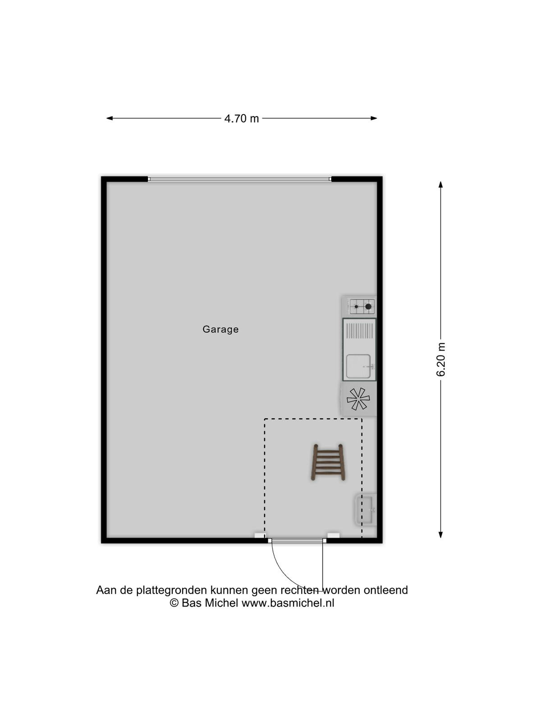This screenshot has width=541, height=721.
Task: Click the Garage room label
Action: click(x=220, y=329)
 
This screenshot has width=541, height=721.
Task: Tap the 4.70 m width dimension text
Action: click(x=242, y=118)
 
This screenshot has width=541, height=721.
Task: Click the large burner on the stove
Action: click(x=368, y=306)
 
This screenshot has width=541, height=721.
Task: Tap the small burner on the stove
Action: click(x=356, y=306)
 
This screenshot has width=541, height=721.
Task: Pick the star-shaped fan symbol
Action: click(x=358, y=399)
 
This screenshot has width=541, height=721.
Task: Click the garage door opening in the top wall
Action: click(x=239, y=179)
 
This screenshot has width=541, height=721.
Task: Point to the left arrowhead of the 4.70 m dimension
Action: click(x=110, y=118)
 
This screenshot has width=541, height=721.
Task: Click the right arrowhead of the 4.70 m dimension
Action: click(x=373, y=118)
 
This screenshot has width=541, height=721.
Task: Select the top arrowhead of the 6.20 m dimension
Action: click(x=440, y=185)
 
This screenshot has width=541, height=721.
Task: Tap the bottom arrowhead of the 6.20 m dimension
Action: click(x=440, y=534)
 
